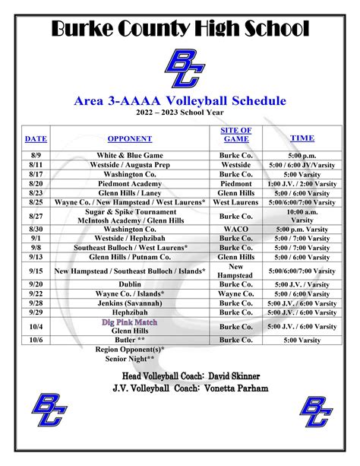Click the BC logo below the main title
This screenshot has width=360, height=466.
(180, 68)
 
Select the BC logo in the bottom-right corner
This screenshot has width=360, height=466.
(315, 413)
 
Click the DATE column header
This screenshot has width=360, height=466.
(36, 138)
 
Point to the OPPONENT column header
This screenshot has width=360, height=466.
(130, 138)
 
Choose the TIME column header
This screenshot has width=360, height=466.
(302, 138)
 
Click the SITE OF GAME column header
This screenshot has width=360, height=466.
(236, 135)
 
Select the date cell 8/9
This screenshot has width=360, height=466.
(36, 155)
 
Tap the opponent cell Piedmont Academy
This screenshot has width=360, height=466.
(130, 183)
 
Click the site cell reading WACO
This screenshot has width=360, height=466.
(236, 228)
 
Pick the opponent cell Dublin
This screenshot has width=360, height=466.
(130, 284)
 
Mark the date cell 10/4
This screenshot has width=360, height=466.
(36, 326)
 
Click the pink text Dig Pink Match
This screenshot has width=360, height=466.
(130, 322)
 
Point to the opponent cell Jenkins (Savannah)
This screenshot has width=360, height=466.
(130, 303)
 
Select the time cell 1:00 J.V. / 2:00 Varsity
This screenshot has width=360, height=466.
(302, 183)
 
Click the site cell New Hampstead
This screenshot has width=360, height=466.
(236, 271)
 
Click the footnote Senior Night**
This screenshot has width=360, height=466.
(130, 357)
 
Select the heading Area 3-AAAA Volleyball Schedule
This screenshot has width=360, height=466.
(180, 100)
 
